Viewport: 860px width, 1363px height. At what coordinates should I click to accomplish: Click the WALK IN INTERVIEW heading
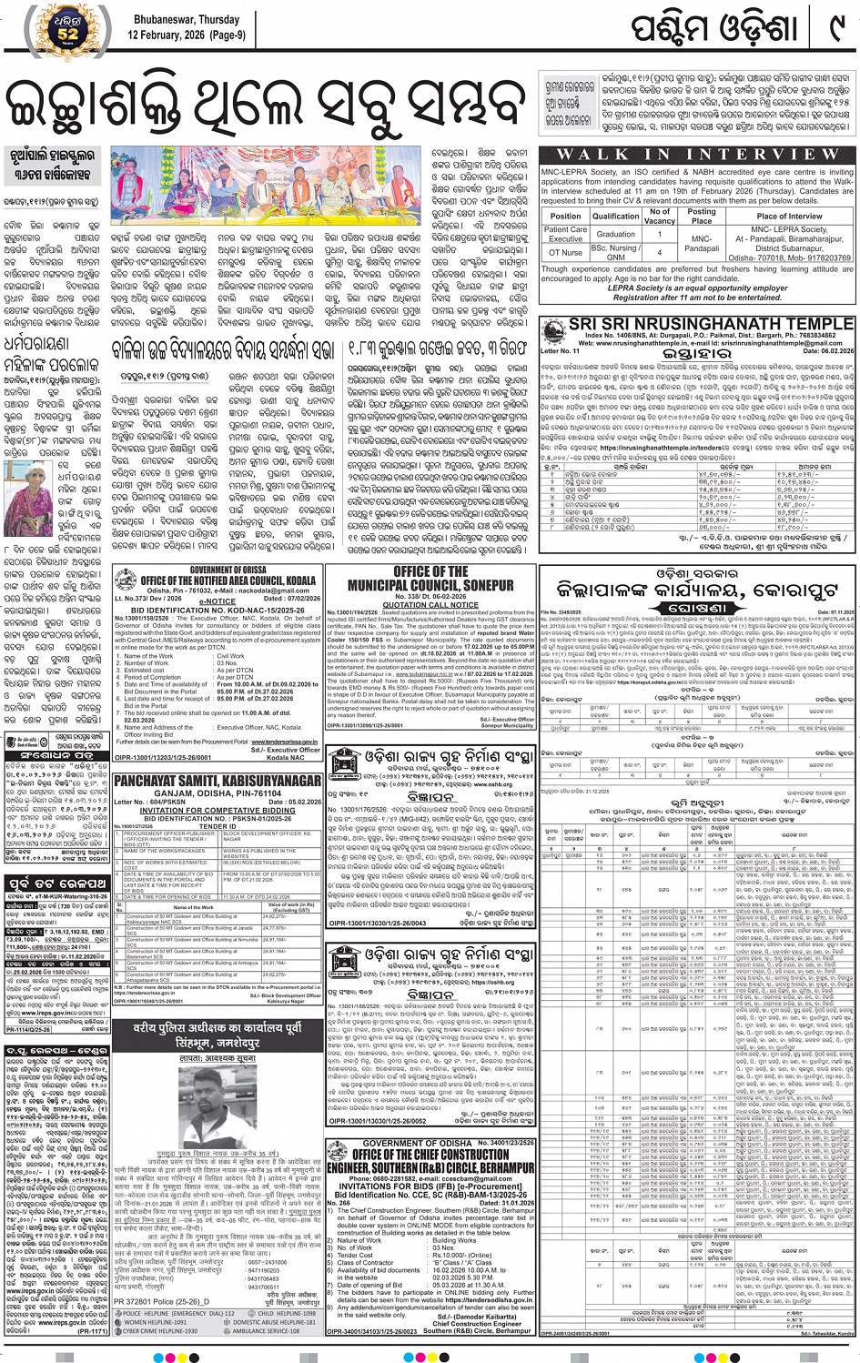pyautogui.click(x=696, y=155)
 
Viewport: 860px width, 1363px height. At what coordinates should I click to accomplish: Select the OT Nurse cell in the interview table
pyautogui.click(x=565, y=252)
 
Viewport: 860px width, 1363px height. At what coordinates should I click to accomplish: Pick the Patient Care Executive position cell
pyautogui.click(x=565, y=234)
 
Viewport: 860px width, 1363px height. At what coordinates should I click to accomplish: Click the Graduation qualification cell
pyautogui.click(x=615, y=234)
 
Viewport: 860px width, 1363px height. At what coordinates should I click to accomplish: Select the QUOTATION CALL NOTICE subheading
pyautogui.click(x=430, y=605)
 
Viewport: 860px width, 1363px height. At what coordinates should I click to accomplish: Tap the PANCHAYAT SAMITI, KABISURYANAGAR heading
pyautogui.click(x=218, y=781)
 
